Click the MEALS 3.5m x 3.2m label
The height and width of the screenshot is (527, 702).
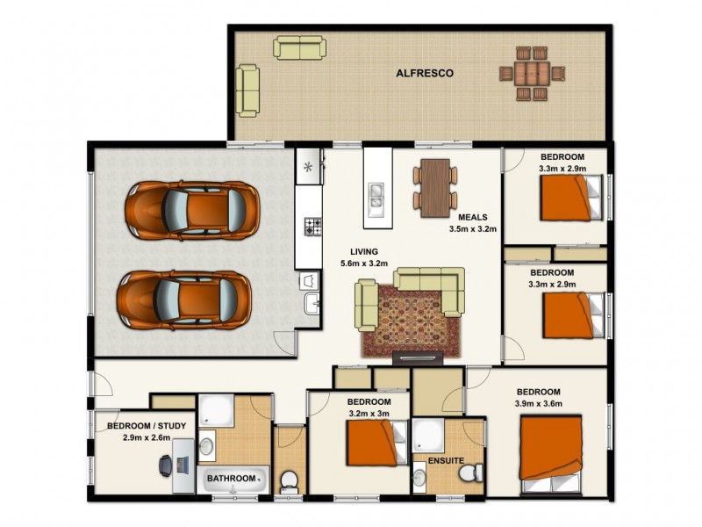(x=473, y=223)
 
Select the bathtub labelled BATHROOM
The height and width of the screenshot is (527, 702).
(x=233, y=480)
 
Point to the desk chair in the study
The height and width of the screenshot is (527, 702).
(x=167, y=466)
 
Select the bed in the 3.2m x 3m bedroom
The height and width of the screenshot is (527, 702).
(x=377, y=444)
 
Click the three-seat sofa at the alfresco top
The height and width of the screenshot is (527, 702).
(x=299, y=47)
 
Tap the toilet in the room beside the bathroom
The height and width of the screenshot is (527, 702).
(x=288, y=480)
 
